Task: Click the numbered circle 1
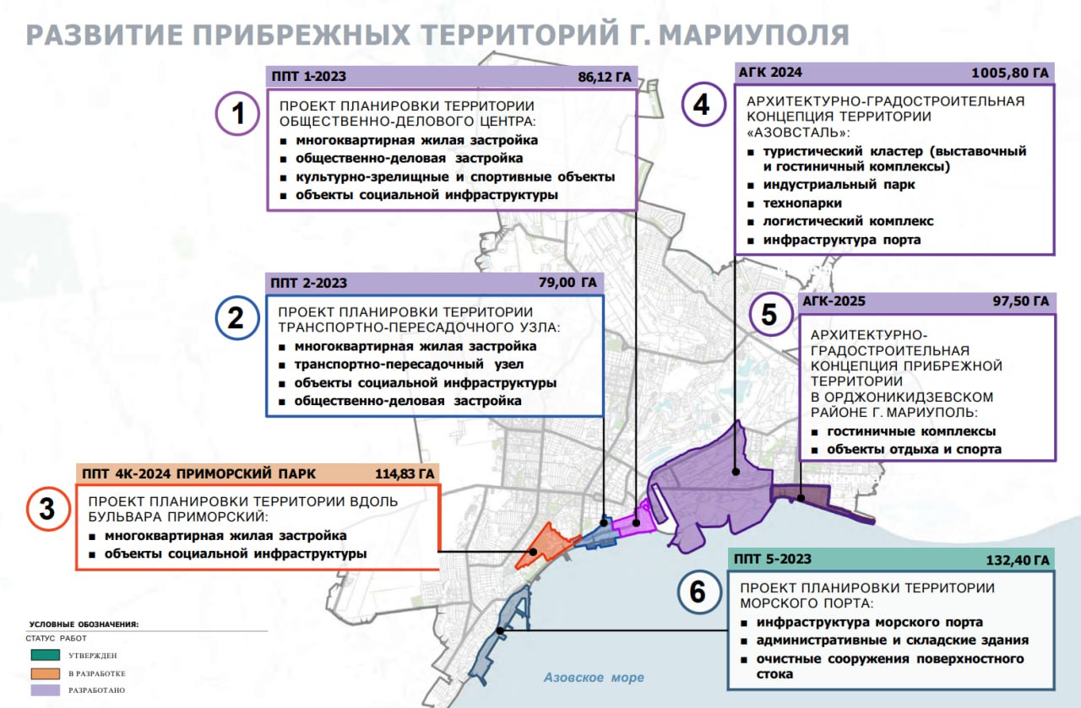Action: (x=239, y=113)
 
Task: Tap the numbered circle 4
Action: (x=704, y=105)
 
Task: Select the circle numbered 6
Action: (x=698, y=592)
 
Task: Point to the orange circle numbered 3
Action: (x=47, y=509)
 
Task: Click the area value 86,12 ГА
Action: (x=604, y=77)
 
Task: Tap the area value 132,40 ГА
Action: (x=1018, y=560)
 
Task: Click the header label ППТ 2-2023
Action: (x=309, y=283)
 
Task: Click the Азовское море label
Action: (x=594, y=678)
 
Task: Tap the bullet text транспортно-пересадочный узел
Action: (x=409, y=365)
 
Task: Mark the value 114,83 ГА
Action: (x=405, y=473)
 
